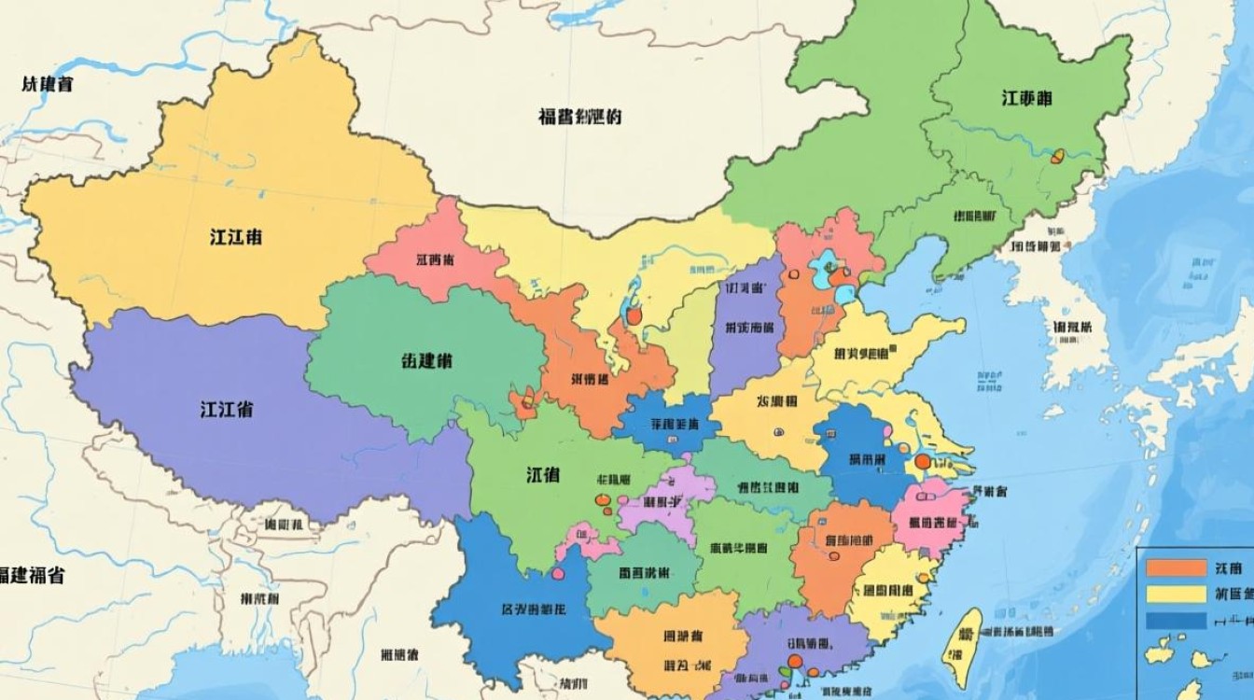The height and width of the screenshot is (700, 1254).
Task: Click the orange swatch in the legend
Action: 1175,567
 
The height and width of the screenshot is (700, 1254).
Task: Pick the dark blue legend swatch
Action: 1175,620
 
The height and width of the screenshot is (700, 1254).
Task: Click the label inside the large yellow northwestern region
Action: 235,237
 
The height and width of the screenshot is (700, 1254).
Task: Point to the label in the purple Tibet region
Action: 226,409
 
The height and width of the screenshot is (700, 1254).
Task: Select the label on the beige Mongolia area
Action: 579,117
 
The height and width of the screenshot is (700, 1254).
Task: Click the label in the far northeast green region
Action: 1028,98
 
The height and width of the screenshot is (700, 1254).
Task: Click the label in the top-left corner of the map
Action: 47,85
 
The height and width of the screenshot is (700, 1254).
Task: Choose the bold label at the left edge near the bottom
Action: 32,575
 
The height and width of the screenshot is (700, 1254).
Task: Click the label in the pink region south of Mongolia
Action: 435,260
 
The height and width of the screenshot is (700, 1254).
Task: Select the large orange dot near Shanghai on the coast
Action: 923,461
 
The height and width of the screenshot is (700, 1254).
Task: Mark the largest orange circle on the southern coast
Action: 795,662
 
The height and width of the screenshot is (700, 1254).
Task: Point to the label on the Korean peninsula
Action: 1072,328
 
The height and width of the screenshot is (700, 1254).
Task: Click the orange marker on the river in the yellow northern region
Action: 634,316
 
